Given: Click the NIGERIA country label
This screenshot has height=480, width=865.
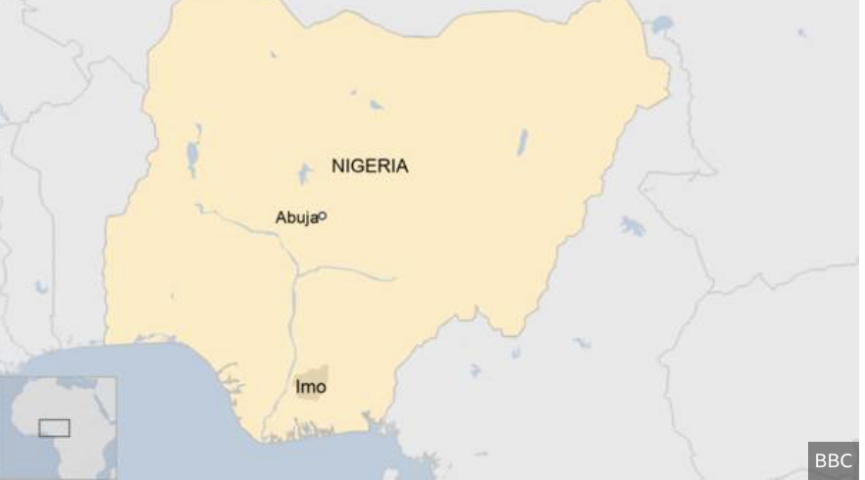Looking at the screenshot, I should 369,166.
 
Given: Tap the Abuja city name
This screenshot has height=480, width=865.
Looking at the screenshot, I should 296,218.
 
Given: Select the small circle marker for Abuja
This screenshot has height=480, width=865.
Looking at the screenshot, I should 323,216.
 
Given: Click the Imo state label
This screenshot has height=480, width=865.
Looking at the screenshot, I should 311,387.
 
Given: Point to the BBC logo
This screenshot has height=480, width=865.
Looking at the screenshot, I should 833,460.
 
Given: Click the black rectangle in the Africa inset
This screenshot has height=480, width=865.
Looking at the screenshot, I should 54,428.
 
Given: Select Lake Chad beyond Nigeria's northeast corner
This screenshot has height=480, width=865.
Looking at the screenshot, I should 664,24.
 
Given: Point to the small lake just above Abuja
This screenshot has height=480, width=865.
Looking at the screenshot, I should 305,174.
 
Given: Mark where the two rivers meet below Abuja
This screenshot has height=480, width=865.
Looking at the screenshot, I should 296,270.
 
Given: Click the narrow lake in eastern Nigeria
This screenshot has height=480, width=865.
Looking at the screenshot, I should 523,142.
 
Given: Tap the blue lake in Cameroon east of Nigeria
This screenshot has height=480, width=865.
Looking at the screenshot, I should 633,227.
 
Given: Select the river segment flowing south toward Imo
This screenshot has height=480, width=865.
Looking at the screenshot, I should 293,323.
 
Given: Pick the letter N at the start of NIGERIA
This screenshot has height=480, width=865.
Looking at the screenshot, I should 337,166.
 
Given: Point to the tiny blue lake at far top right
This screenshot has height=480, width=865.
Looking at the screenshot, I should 802,33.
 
